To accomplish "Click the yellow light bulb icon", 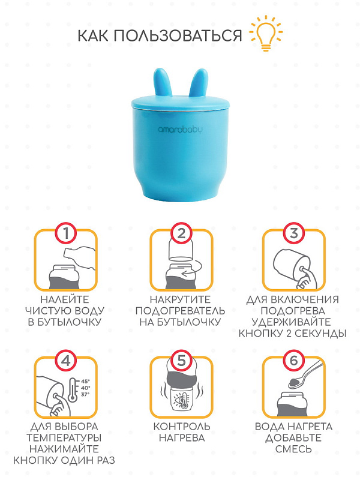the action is coord(266,33).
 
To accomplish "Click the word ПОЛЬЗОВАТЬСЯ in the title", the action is coord(178,35).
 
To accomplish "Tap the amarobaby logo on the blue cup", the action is coord(181,130).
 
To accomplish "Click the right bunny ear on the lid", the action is coord(199,83).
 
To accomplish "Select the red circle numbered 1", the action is coord(66,233).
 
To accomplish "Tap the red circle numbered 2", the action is coord(181,233).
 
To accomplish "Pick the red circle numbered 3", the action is coord(293,233).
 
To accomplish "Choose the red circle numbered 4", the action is coord(66,361).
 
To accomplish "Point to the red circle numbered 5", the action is coord(181,361).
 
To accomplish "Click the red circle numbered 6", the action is coord(293,361).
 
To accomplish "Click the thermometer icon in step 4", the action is coord(73,390).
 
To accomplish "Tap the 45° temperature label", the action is coord(85,382).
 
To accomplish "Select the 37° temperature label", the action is coord(85,395).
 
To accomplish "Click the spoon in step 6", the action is coord(305,374).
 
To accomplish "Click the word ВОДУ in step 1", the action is coord(88,311).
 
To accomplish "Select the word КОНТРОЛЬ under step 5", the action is coord(182,427).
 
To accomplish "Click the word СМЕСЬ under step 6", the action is coord(293,449).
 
